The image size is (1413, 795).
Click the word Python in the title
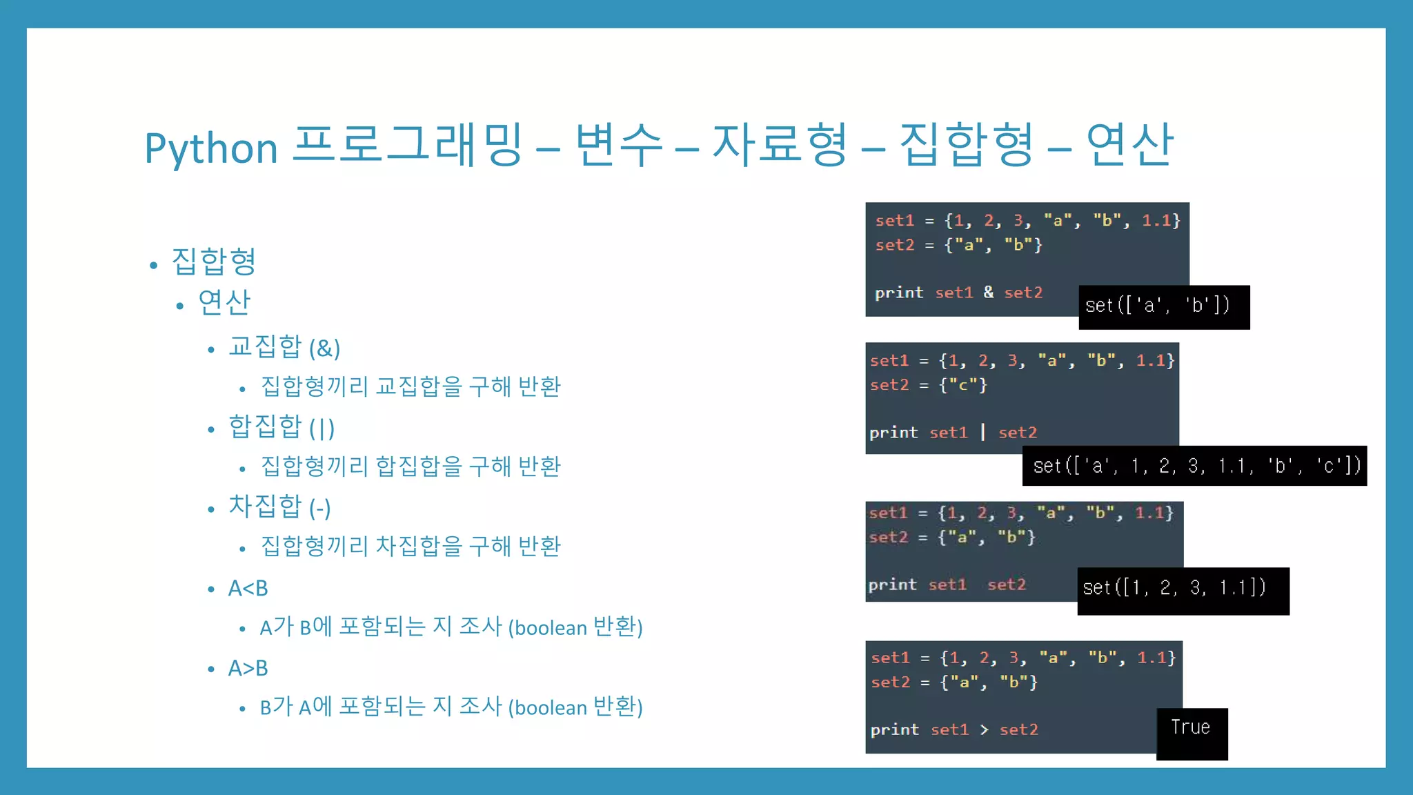(211, 148)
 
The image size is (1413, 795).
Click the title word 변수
(619, 145)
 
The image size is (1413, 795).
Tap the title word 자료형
(780, 145)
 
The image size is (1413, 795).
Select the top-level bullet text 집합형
(214, 261)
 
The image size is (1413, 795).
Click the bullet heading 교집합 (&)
(284, 347)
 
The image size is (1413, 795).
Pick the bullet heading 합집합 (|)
(281, 427)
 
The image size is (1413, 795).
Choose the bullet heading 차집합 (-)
(279, 507)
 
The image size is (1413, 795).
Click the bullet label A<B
(248, 588)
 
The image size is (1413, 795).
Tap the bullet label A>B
(248, 668)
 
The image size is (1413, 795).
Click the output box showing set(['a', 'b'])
(1164, 306)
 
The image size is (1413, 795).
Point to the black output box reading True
(1192, 733)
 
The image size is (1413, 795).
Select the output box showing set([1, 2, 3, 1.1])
(1183, 590)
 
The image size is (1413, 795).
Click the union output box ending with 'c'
(1194, 466)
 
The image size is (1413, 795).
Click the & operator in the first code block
(989, 293)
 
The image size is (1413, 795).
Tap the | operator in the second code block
(982, 433)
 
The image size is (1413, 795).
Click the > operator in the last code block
(984, 729)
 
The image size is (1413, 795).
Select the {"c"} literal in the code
(963, 385)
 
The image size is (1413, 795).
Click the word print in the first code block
(899, 293)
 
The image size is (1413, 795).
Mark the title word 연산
(1129, 145)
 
